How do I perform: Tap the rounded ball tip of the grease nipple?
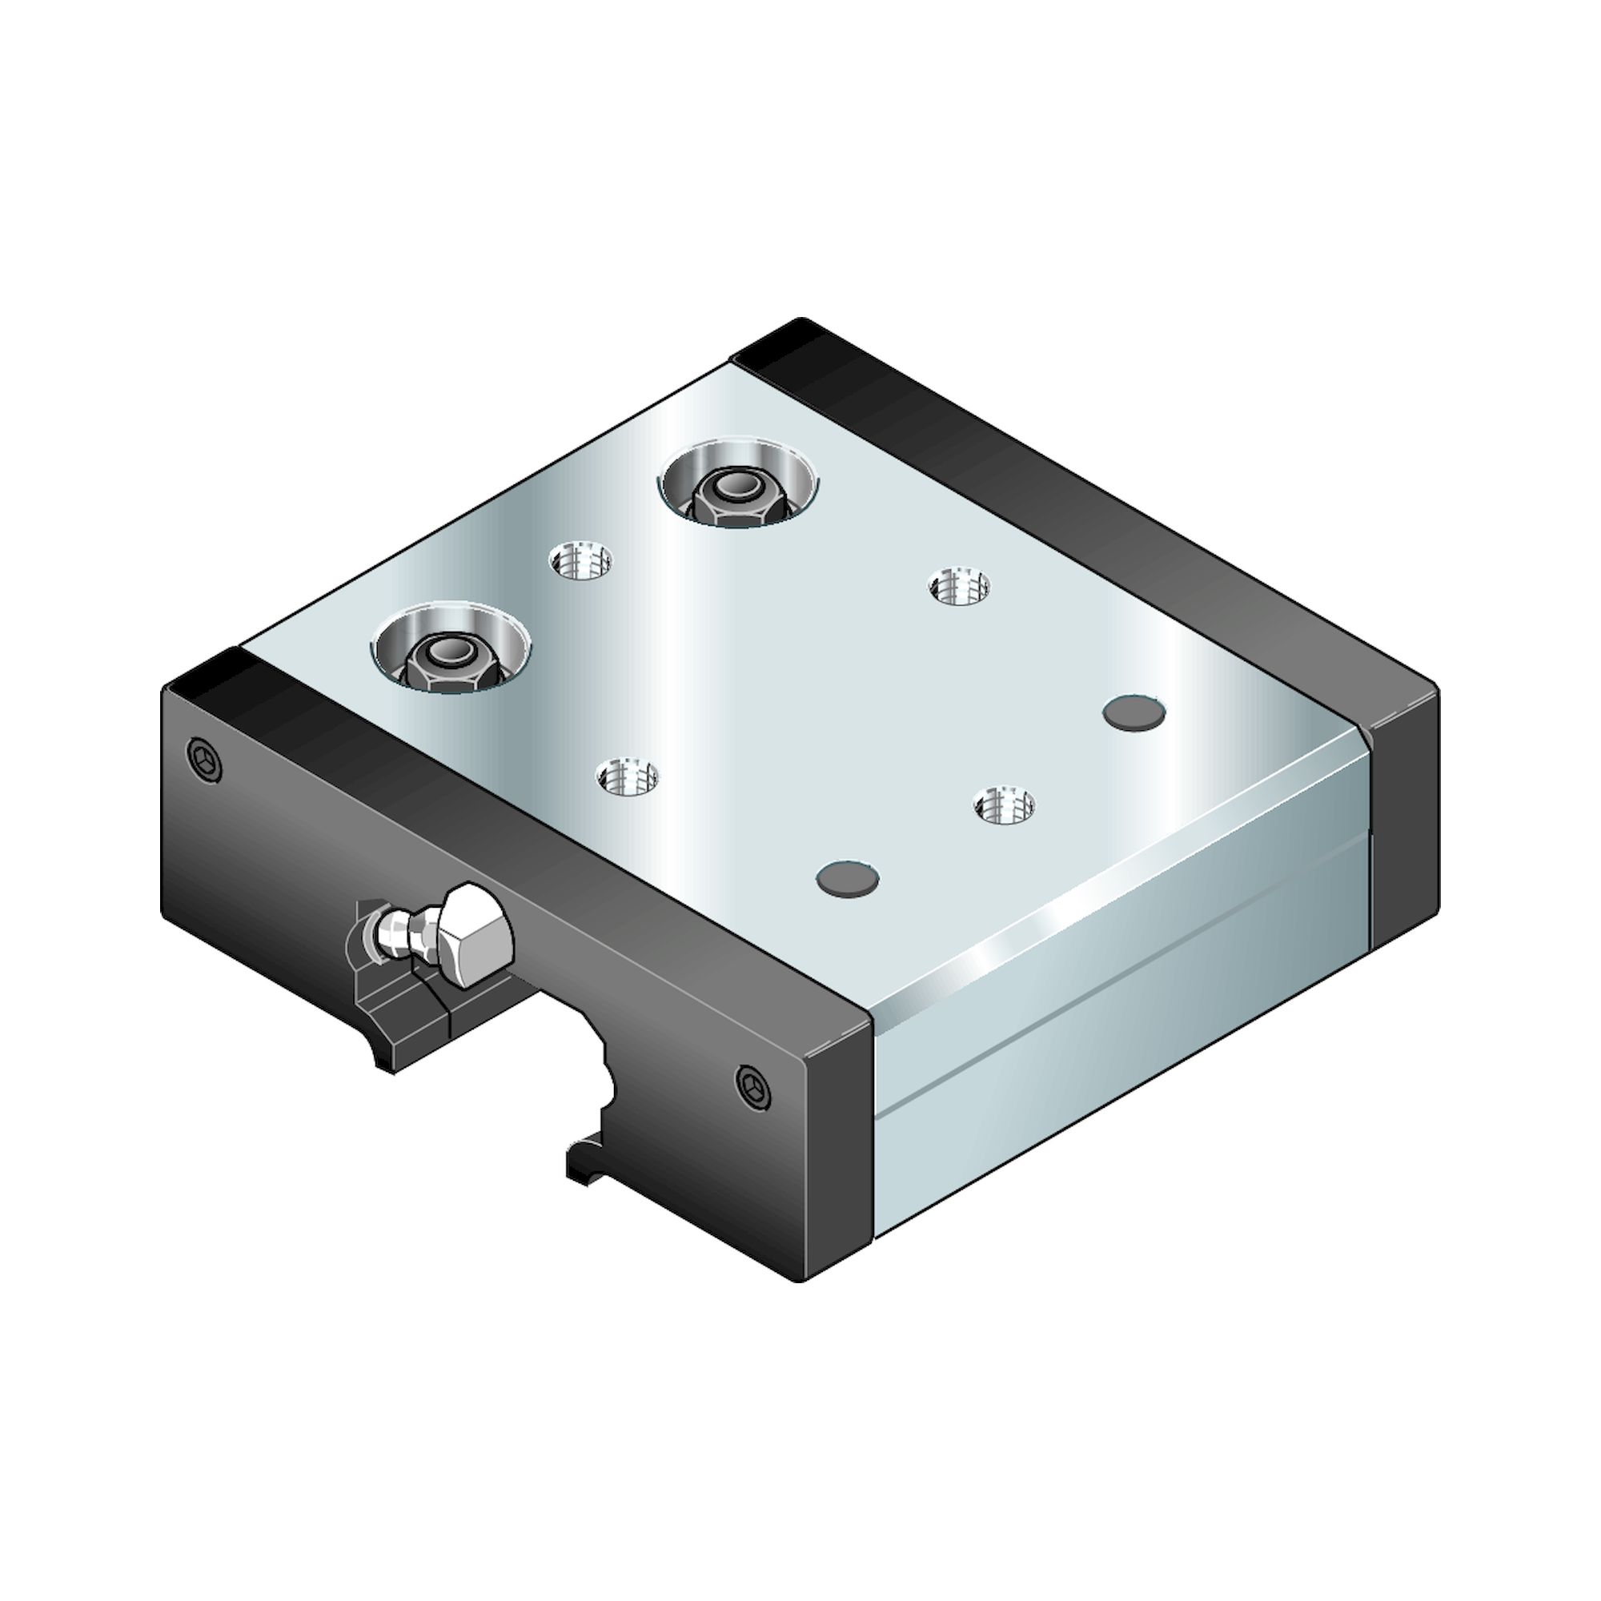point(386,933)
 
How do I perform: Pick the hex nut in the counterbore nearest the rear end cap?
point(736,494)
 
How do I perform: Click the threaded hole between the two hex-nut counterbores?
point(581,563)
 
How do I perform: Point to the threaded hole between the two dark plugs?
point(1004,805)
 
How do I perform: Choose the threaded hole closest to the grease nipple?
point(628,777)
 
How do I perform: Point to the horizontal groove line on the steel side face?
point(1119,978)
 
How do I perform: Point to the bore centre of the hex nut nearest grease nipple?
point(448,652)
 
